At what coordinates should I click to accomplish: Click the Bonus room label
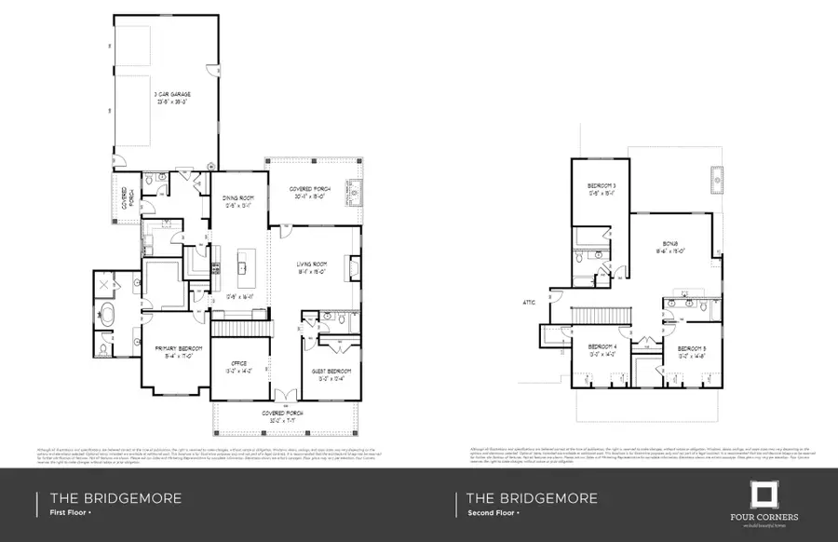tap(675, 248)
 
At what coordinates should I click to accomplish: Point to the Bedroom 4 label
tap(601, 350)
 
